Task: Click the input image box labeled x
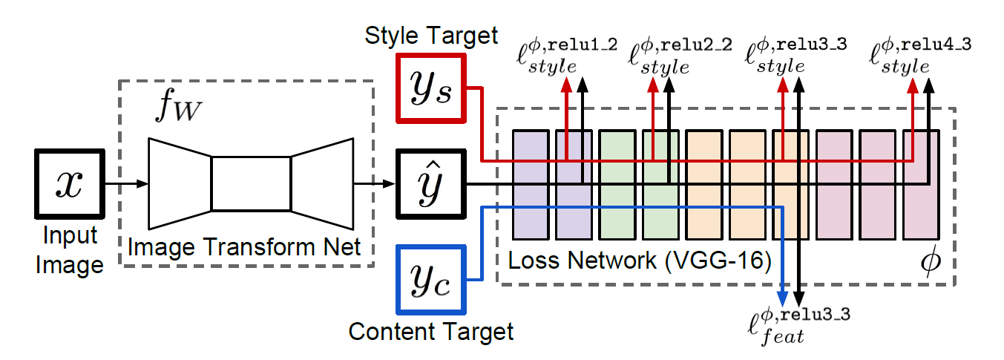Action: [x=69, y=183]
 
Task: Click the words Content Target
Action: [x=431, y=331]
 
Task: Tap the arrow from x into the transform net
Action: [x=126, y=183]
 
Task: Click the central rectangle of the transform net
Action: [x=251, y=183]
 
